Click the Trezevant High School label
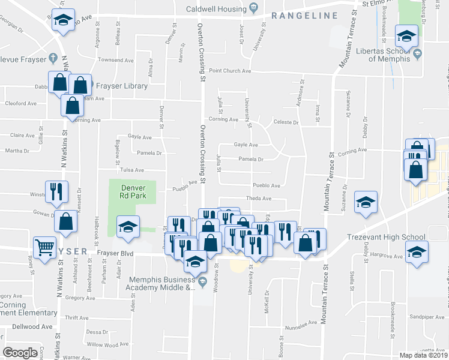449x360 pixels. pyautogui.click(x=386, y=237)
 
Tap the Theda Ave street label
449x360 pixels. pyautogui.click(x=259, y=198)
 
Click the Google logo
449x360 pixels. pyautogui.click(x=20, y=353)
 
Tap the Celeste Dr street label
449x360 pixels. pyautogui.click(x=286, y=122)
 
